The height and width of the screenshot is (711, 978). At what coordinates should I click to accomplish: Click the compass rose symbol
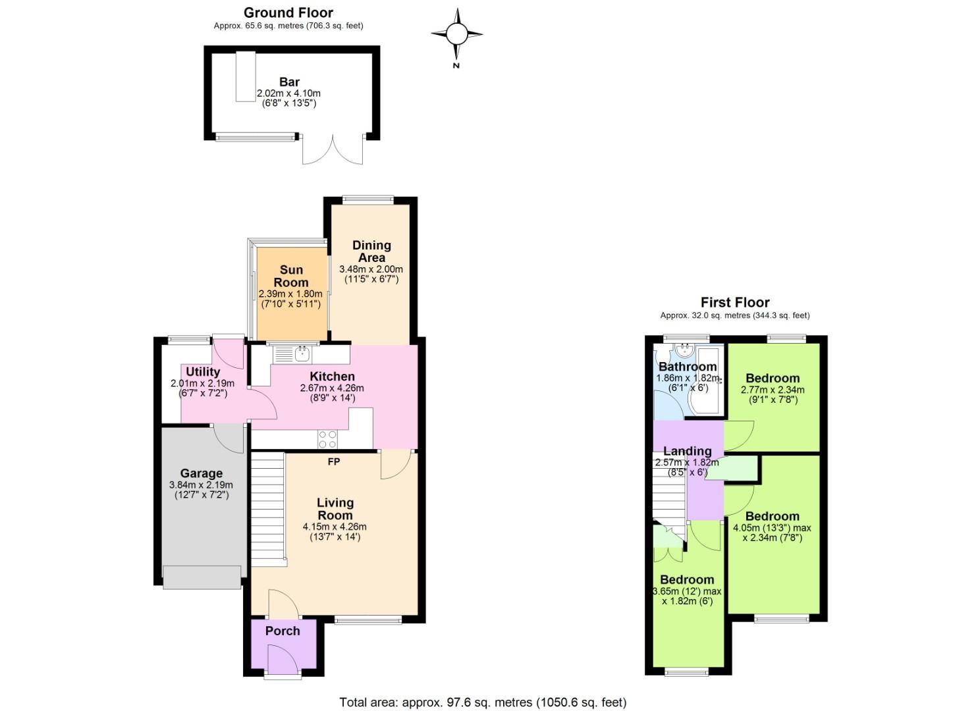(456, 34)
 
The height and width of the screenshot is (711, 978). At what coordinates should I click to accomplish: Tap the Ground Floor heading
(288, 13)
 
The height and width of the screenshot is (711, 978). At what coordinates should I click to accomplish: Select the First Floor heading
(734, 303)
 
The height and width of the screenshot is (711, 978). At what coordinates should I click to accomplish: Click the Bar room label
(289, 82)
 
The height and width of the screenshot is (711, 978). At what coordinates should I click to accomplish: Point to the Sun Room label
(291, 276)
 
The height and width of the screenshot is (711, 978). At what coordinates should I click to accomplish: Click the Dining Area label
(371, 251)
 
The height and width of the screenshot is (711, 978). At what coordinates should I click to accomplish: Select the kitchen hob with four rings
(328, 439)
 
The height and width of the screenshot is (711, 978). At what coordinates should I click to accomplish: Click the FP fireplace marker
(334, 462)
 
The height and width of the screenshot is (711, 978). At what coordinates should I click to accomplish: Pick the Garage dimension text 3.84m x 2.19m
(201, 485)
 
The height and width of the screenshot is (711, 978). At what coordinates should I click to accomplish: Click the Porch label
(283, 631)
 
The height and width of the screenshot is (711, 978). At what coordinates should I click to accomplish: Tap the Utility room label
(203, 372)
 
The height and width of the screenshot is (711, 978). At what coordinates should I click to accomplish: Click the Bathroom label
(688, 367)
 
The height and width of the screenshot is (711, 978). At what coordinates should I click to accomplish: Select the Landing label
(687, 451)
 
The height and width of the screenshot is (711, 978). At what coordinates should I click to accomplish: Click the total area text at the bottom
(483, 702)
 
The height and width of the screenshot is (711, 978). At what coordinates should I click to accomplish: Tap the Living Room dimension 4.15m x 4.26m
(335, 527)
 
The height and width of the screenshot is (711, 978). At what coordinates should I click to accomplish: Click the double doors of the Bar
(333, 150)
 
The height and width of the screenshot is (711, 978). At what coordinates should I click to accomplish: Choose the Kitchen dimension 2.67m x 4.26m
(332, 388)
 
